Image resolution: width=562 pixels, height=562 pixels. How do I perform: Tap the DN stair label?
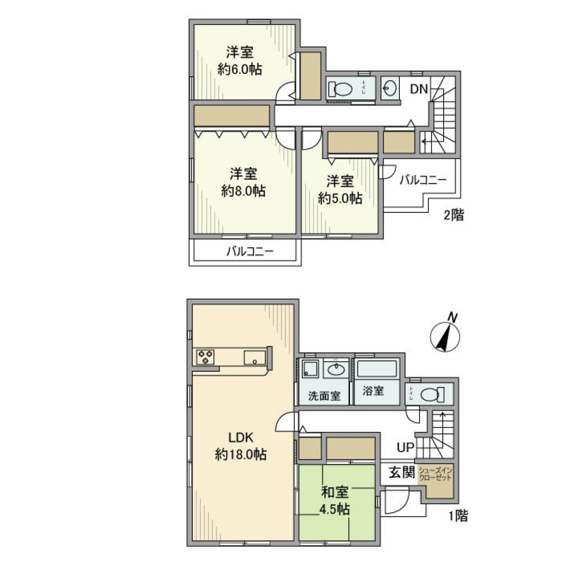point(419,89)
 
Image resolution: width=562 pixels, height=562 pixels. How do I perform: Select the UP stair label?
point(405,448)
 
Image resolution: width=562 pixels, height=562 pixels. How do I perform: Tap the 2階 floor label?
point(453,215)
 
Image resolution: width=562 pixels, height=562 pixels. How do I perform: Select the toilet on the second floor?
point(340,89)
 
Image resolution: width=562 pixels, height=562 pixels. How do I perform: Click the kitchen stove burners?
point(205,357)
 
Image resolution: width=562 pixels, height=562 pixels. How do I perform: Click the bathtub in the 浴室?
point(377,369)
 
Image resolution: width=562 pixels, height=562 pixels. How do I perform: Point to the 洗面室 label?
point(324,395)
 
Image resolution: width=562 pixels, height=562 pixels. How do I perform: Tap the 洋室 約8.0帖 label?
point(242,182)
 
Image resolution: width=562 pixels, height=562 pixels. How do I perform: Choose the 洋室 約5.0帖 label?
point(340,189)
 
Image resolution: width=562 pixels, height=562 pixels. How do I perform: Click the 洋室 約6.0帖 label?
point(239,60)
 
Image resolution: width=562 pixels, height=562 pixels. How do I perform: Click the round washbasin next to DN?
point(389,89)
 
